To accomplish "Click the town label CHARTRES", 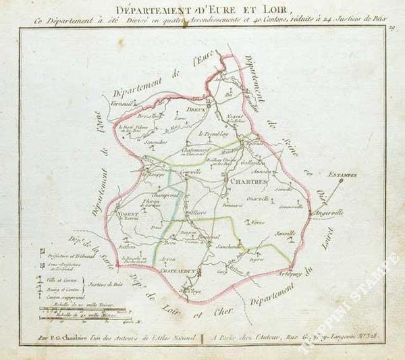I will pos(244,182).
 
